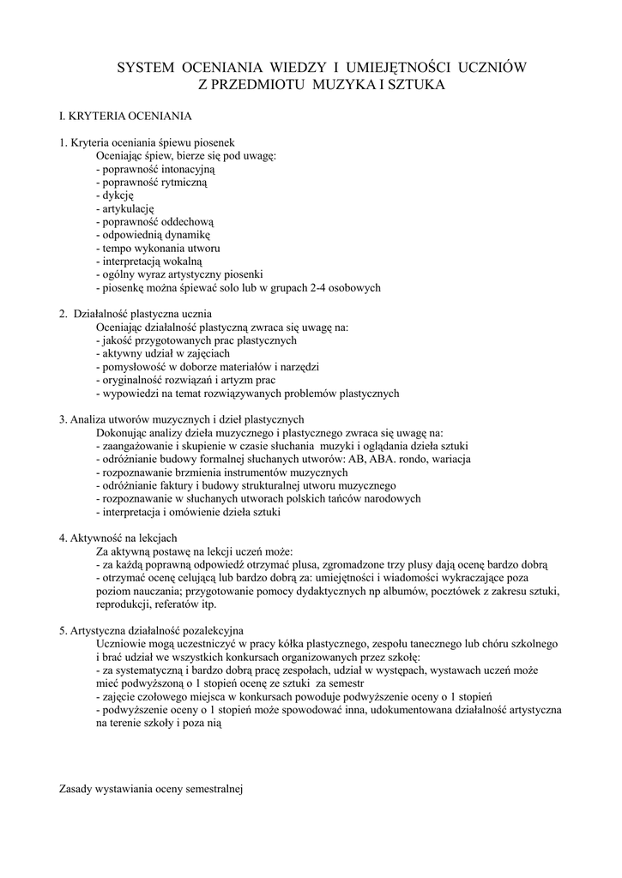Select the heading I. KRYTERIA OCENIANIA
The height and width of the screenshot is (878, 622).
[x=124, y=115]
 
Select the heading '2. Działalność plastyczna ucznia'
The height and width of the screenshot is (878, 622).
[x=135, y=314]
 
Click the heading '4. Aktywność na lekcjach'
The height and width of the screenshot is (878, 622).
[x=118, y=538]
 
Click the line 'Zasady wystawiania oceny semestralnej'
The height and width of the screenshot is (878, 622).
[x=152, y=789]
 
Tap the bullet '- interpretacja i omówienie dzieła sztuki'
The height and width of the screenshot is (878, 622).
[x=188, y=512]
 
